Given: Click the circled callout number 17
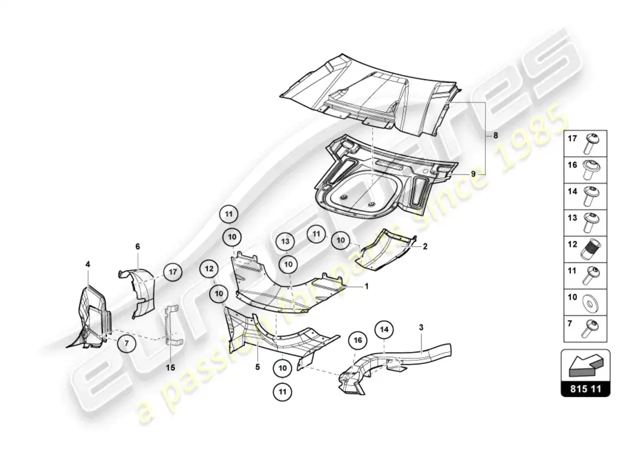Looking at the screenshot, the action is (172, 272).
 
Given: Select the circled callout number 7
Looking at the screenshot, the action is (127, 344).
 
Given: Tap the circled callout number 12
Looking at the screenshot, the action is (209, 268).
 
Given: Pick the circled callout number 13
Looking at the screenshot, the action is (285, 241).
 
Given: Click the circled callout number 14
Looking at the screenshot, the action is (384, 330).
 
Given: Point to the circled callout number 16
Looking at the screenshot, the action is (357, 340).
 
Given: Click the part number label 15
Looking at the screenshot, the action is (170, 367).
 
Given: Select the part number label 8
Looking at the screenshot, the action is (495, 135).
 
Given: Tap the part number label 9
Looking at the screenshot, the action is (473, 174).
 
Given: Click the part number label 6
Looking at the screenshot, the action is (137, 246).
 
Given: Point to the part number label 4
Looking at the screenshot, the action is (88, 264).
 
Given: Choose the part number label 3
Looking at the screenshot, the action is (421, 327).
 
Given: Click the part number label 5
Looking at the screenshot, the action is (257, 366).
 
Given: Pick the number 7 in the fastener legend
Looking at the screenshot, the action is (570, 323).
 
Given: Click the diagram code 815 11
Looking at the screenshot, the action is (585, 389).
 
